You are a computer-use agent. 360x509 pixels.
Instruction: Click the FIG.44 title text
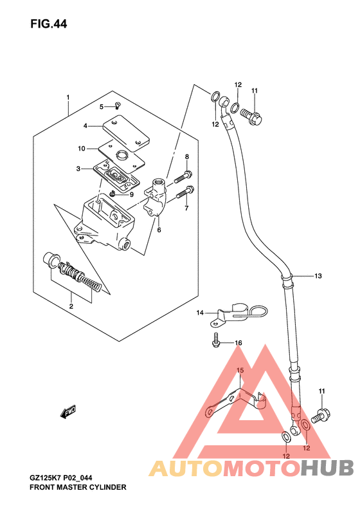49,24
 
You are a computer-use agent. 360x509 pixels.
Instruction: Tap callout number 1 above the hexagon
68,97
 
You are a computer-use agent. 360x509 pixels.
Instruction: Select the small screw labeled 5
118,105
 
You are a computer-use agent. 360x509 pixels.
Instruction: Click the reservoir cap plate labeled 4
127,133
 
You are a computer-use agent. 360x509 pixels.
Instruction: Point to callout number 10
82,149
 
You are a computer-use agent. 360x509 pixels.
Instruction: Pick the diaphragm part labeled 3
116,177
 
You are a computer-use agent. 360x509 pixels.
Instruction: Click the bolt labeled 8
183,176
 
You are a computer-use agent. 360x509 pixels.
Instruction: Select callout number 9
131,195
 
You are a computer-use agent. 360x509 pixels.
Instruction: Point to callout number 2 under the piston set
71,306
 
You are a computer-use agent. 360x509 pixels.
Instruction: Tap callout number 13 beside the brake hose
318,276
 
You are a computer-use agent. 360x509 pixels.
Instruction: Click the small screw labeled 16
215,340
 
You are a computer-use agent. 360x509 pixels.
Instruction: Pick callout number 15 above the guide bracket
240,370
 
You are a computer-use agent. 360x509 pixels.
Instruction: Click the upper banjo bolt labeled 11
251,116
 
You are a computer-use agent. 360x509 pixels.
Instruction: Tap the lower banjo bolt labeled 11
321,416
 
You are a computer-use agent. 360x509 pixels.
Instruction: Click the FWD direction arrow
67,411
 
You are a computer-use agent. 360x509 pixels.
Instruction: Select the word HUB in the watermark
327,468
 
